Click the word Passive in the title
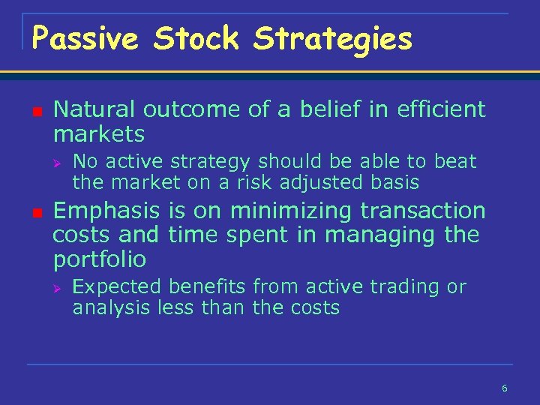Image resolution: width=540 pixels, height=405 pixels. click(x=85, y=39)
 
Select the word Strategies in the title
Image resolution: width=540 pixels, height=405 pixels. click(x=333, y=39)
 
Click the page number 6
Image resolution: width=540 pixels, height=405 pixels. click(x=504, y=388)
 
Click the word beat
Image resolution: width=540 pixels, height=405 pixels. click(x=455, y=160)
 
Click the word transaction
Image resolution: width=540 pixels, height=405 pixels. click(x=423, y=210)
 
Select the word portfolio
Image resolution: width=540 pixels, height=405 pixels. click(x=100, y=259)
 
